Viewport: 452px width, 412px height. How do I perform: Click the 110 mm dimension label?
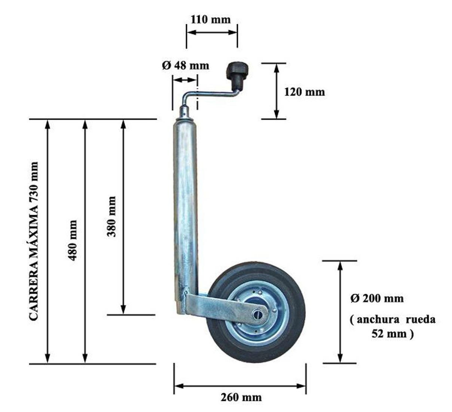tap(211, 19)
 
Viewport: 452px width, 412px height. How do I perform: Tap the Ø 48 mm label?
tap(186, 65)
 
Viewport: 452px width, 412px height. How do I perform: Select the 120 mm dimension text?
tap(305, 92)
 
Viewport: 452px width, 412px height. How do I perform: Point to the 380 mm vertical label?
tap(111, 216)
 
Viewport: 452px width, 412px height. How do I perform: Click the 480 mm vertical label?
tap(73, 240)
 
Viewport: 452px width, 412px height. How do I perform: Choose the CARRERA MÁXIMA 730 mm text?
tap(34, 241)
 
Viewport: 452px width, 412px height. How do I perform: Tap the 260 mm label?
tap(241, 397)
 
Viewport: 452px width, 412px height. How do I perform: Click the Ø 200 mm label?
tap(377, 299)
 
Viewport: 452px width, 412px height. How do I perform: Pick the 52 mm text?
tap(389, 333)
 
